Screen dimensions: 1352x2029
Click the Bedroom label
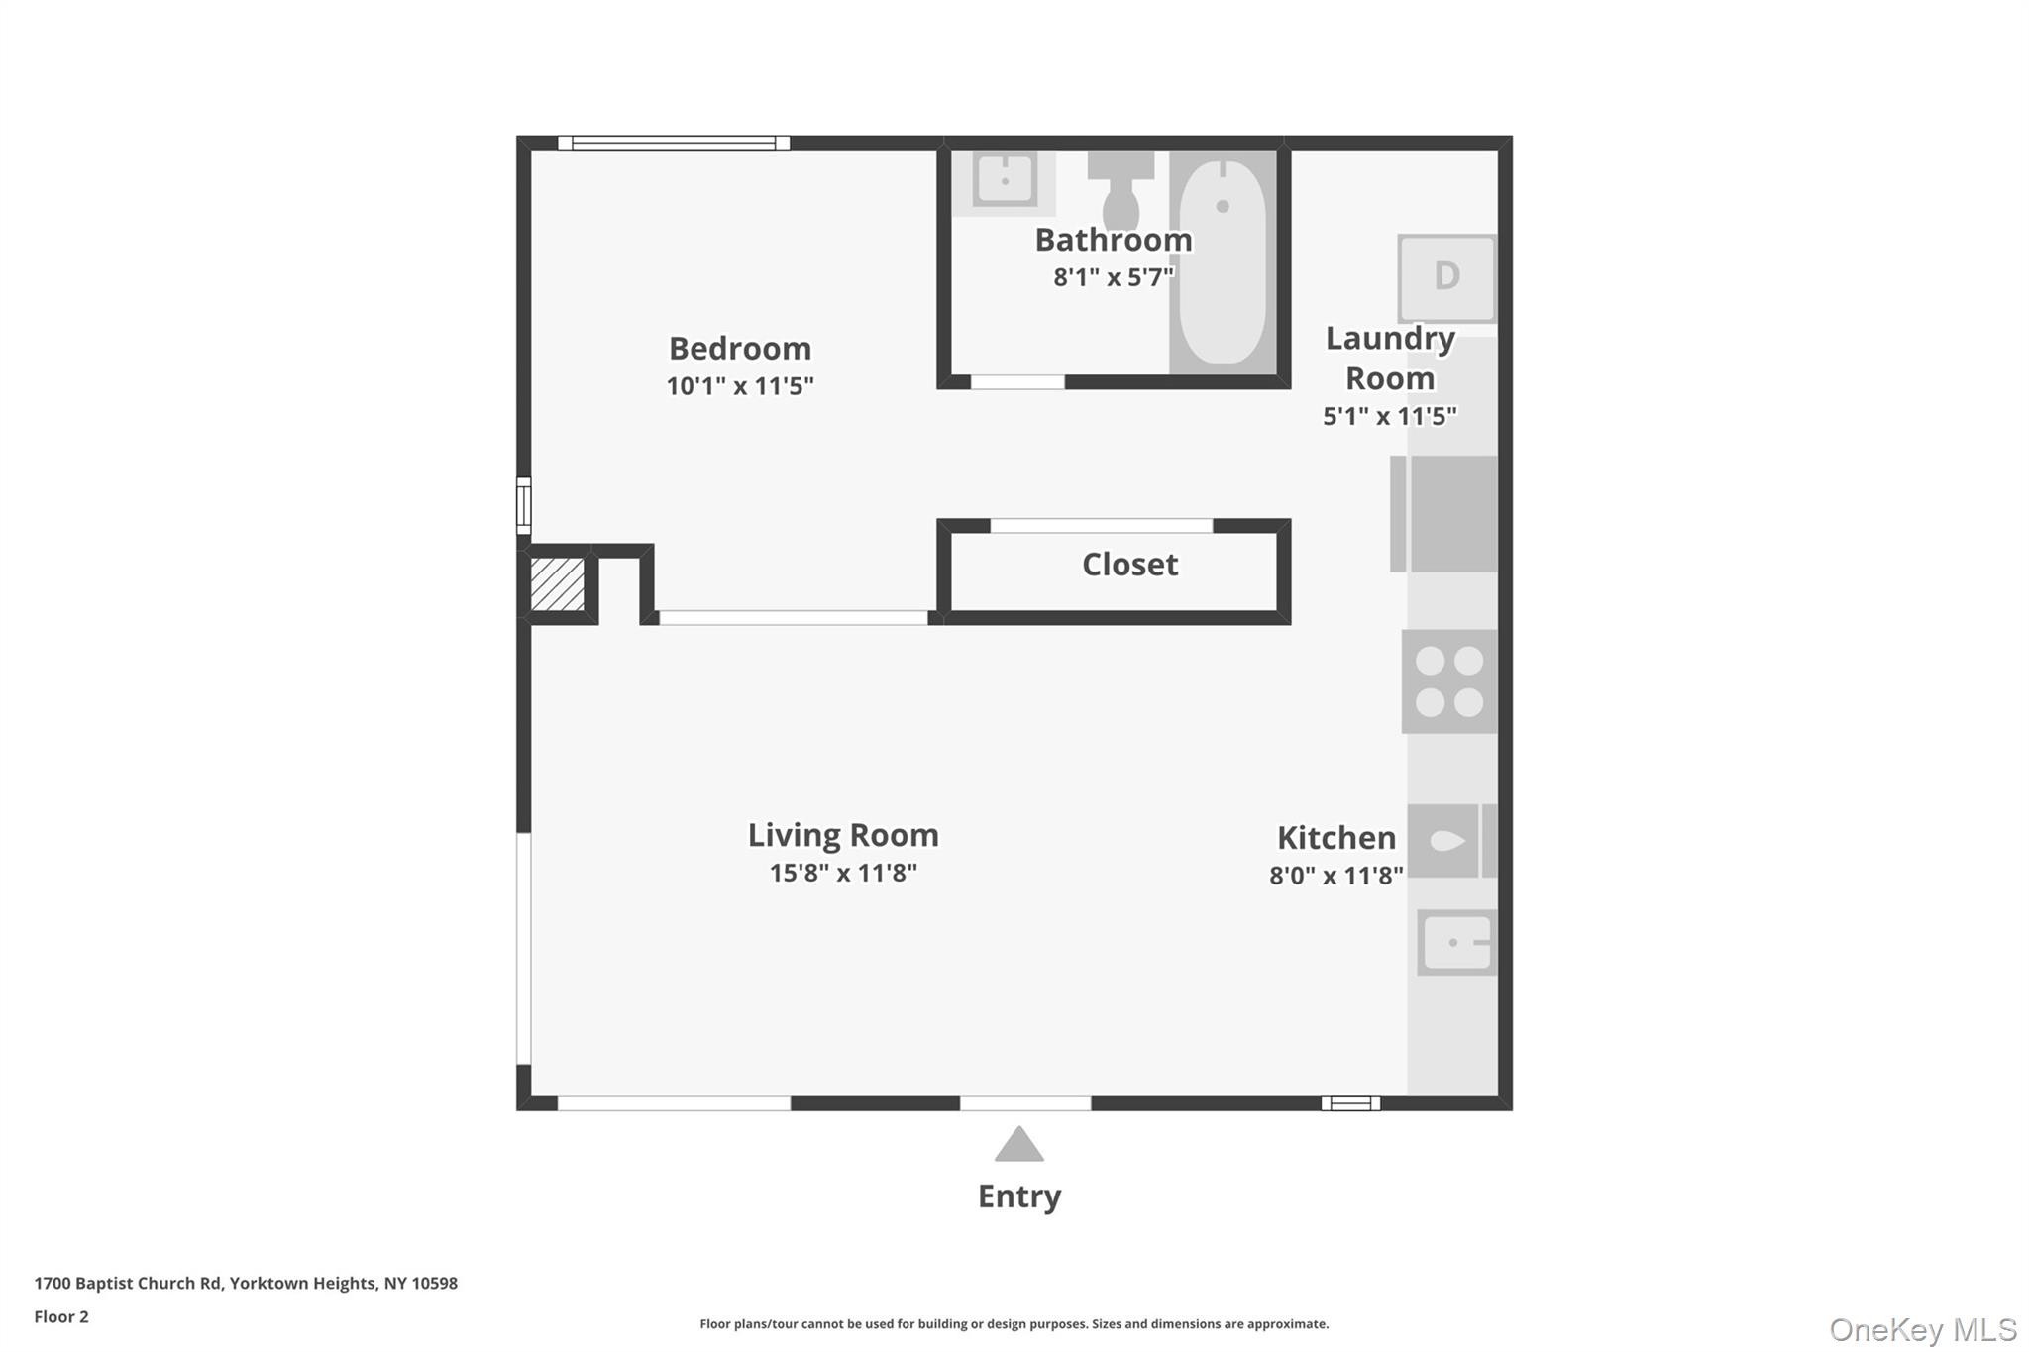(x=739, y=349)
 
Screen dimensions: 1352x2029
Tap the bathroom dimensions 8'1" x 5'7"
(x=1113, y=277)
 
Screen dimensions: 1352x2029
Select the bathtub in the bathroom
(x=1223, y=263)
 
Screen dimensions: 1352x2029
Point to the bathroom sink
(x=1004, y=181)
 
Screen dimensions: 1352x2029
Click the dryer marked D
(x=1446, y=276)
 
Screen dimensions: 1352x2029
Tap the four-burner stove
(x=1449, y=681)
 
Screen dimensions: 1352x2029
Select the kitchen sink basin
(x=1455, y=942)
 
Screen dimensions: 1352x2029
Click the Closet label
(x=1129, y=565)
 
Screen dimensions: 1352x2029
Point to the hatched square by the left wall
(x=557, y=584)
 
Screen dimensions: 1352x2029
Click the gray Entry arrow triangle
(x=1018, y=1145)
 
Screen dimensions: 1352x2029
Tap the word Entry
(x=1018, y=1196)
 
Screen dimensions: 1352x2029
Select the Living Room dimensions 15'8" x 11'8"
(x=843, y=873)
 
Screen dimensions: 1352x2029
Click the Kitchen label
(x=1335, y=838)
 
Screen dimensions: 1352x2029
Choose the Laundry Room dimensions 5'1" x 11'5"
(x=1389, y=416)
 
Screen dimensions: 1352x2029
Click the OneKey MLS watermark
(x=1922, y=1329)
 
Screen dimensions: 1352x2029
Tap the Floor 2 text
(x=61, y=1316)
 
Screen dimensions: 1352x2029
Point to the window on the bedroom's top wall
(x=674, y=143)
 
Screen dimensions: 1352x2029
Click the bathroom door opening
(x=1017, y=382)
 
